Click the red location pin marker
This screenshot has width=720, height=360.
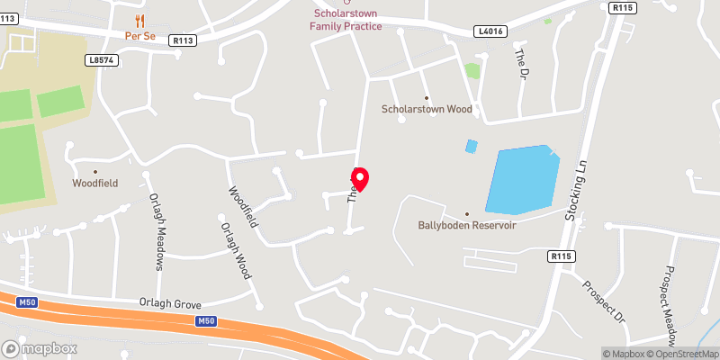tap(359, 179)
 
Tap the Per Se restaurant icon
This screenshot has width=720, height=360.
tap(139, 20)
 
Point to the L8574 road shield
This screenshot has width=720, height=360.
tap(102, 59)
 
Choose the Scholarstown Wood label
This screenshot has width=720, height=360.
tap(427, 109)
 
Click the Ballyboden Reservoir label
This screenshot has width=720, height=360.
tap(466, 225)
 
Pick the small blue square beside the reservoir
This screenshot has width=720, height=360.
tap(471, 146)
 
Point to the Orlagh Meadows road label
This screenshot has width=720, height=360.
tap(157, 233)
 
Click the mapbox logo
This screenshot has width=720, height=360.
tap(39, 348)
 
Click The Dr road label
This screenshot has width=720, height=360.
tap(519, 62)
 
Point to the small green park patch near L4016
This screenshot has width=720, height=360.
tap(472, 70)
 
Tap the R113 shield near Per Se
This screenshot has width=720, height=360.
tap(184, 40)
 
